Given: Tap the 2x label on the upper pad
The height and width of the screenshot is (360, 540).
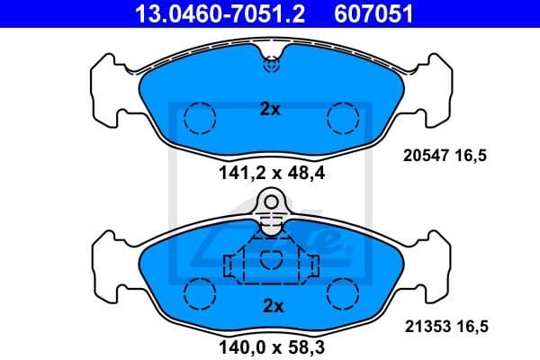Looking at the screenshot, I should (x=270, y=110).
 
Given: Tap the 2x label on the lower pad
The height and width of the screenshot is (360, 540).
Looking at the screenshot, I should (x=270, y=306).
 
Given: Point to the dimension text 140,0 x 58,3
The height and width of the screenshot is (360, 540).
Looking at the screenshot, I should (x=271, y=346).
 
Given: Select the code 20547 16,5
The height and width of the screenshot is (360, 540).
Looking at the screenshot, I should (x=443, y=156).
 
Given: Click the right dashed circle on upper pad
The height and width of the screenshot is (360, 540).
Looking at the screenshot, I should (x=342, y=118).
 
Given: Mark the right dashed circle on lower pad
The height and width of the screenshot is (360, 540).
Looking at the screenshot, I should (x=342, y=292).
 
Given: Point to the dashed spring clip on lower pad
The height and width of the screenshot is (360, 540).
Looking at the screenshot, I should (x=270, y=264).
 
